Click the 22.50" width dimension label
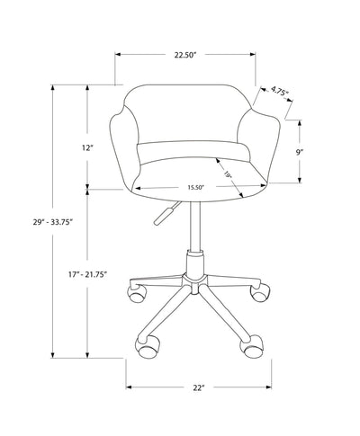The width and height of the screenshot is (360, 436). (186, 55)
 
